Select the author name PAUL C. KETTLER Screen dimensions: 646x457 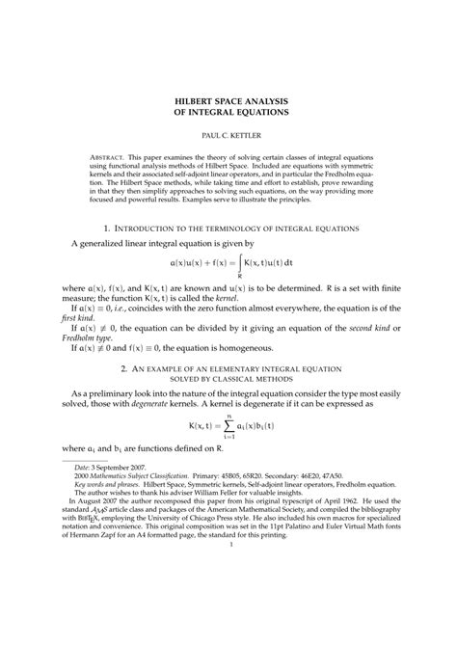tap(229, 138)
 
